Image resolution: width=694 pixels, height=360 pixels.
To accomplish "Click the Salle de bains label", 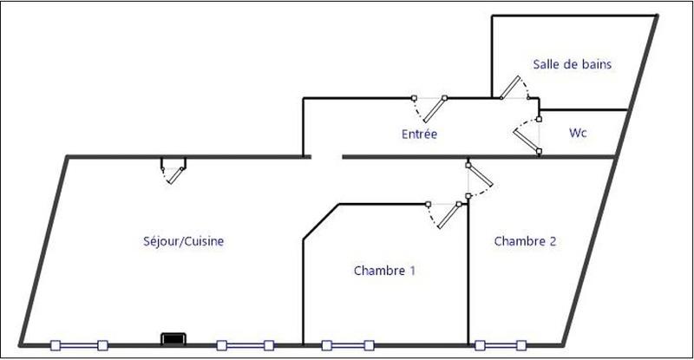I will [573, 63].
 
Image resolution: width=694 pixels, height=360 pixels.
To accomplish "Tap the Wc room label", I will [579, 134].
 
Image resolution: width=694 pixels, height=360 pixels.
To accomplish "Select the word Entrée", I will [419, 134].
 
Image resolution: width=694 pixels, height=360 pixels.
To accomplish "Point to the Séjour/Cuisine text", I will [184, 241].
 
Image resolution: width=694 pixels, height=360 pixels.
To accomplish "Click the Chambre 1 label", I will [384, 271].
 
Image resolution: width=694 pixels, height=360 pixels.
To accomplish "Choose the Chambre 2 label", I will [525, 241].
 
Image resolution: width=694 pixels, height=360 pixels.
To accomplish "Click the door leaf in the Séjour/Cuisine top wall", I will [175, 173].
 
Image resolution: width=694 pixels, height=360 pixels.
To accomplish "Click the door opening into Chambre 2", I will [480, 177].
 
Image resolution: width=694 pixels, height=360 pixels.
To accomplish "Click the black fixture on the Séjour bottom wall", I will [173, 338].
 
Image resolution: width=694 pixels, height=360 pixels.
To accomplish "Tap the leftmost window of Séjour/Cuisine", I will [79, 344].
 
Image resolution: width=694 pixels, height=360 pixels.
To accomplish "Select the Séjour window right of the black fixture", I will [245, 344].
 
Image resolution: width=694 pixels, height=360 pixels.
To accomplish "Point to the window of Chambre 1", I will [347, 344].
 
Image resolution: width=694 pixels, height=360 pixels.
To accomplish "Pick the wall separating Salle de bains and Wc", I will [583, 110].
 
